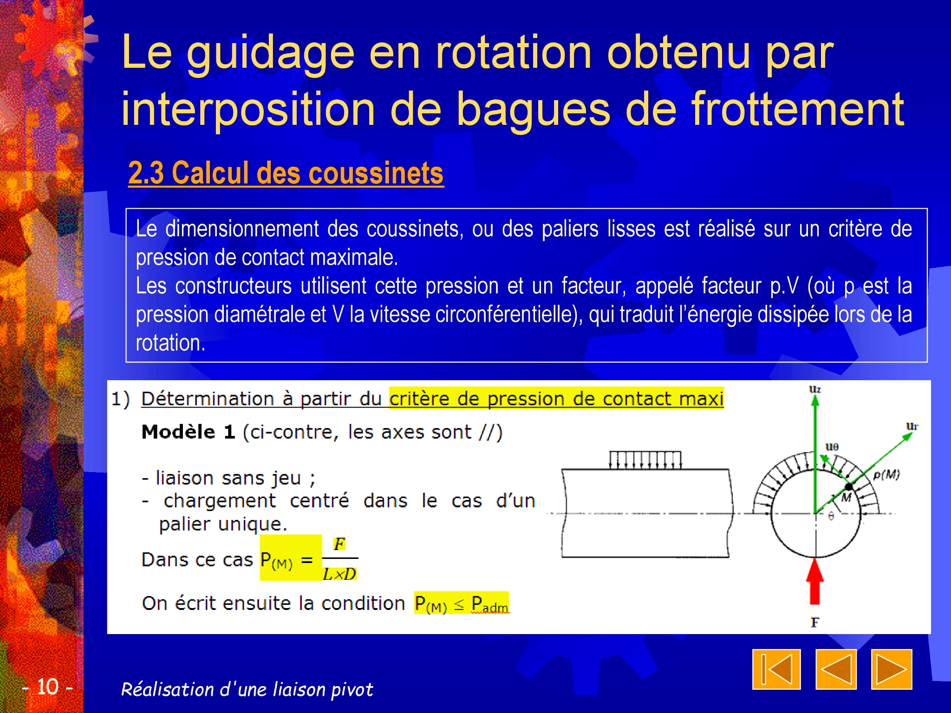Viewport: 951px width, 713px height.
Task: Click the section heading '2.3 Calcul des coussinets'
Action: tap(286, 173)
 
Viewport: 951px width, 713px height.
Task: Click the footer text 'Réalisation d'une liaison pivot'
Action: tap(247, 690)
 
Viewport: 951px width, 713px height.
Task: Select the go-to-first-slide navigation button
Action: tap(776, 669)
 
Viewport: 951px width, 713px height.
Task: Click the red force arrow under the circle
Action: tap(815, 581)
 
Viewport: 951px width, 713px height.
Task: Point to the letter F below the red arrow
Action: tap(815, 622)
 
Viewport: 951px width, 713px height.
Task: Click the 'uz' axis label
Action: tap(815, 389)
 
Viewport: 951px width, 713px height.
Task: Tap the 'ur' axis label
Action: tap(912, 426)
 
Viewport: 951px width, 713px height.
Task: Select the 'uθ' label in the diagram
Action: tap(832, 447)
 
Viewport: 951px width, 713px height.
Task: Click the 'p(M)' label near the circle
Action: tap(886, 474)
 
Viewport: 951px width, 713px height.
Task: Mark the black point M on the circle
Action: tap(849, 486)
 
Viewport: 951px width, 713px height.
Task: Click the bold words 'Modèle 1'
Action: tap(188, 432)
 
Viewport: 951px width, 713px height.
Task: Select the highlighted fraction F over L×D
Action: tap(340, 559)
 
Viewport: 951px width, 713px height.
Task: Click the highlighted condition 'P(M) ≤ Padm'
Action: tap(462, 603)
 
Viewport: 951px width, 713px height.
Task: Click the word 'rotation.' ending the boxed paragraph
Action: tap(170, 343)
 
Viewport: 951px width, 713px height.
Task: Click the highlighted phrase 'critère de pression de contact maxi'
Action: tap(556, 399)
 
